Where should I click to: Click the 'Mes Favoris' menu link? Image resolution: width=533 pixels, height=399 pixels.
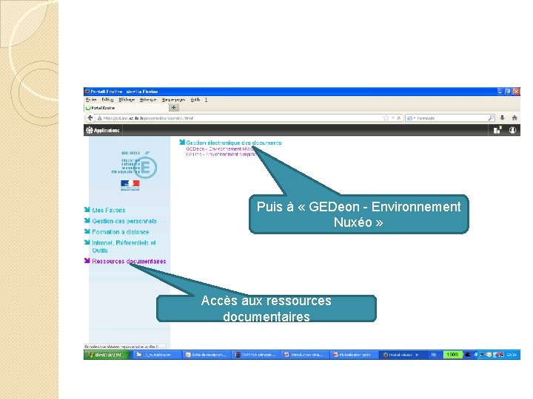[109, 211]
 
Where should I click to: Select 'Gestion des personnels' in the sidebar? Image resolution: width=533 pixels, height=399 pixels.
[124, 221]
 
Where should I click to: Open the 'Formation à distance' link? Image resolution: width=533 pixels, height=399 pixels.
[120, 232]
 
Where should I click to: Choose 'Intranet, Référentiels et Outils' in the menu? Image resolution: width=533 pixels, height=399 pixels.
[124, 243]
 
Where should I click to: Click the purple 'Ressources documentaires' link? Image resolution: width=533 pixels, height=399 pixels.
[129, 261]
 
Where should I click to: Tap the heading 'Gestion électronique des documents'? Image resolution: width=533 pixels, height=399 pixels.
[234, 143]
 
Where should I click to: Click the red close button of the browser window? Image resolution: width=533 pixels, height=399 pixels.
[516, 92]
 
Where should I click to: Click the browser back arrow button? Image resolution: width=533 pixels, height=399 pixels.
[90, 117]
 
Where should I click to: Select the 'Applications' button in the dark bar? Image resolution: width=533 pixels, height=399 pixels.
[103, 130]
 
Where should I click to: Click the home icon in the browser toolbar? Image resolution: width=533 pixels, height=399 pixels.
[515, 117]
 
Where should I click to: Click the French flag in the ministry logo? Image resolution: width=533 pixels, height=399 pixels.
[130, 184]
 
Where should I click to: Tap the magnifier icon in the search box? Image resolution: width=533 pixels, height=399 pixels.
[491, 117]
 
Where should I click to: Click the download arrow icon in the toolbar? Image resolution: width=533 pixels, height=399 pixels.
[503, 117]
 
